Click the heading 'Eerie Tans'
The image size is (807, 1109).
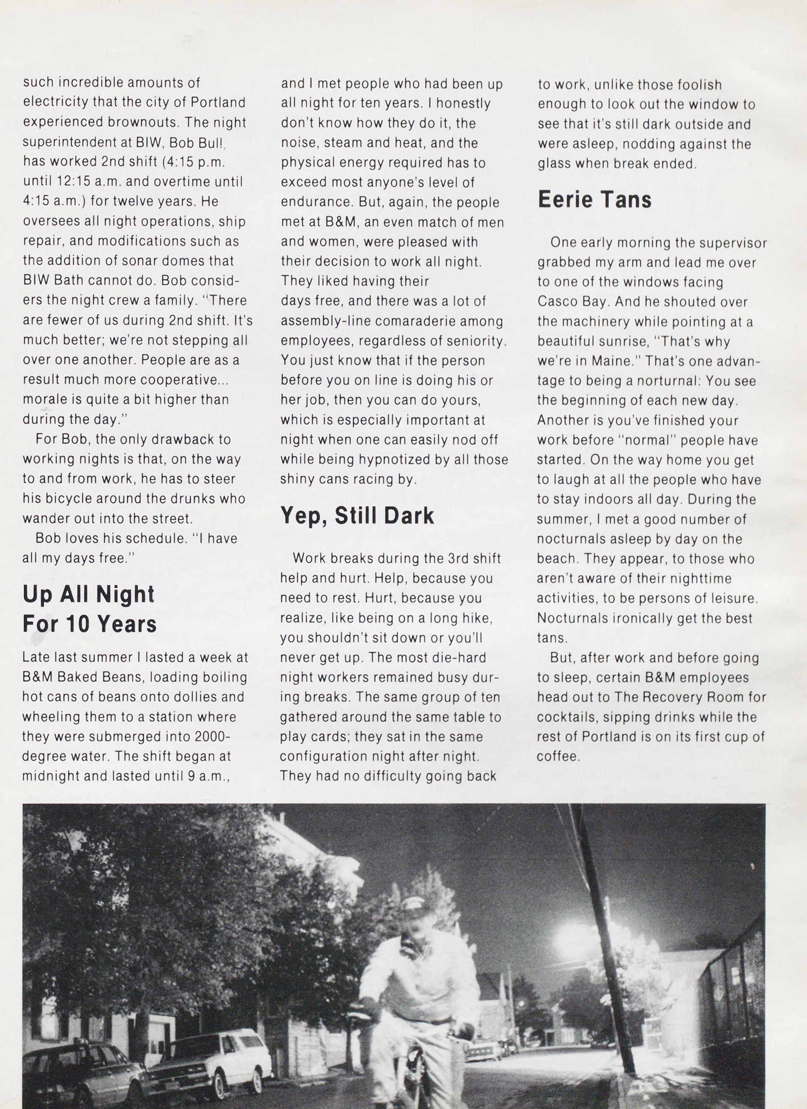pos(595,200)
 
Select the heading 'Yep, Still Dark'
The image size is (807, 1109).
pos(357,516)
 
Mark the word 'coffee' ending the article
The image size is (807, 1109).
pos(558,757)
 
